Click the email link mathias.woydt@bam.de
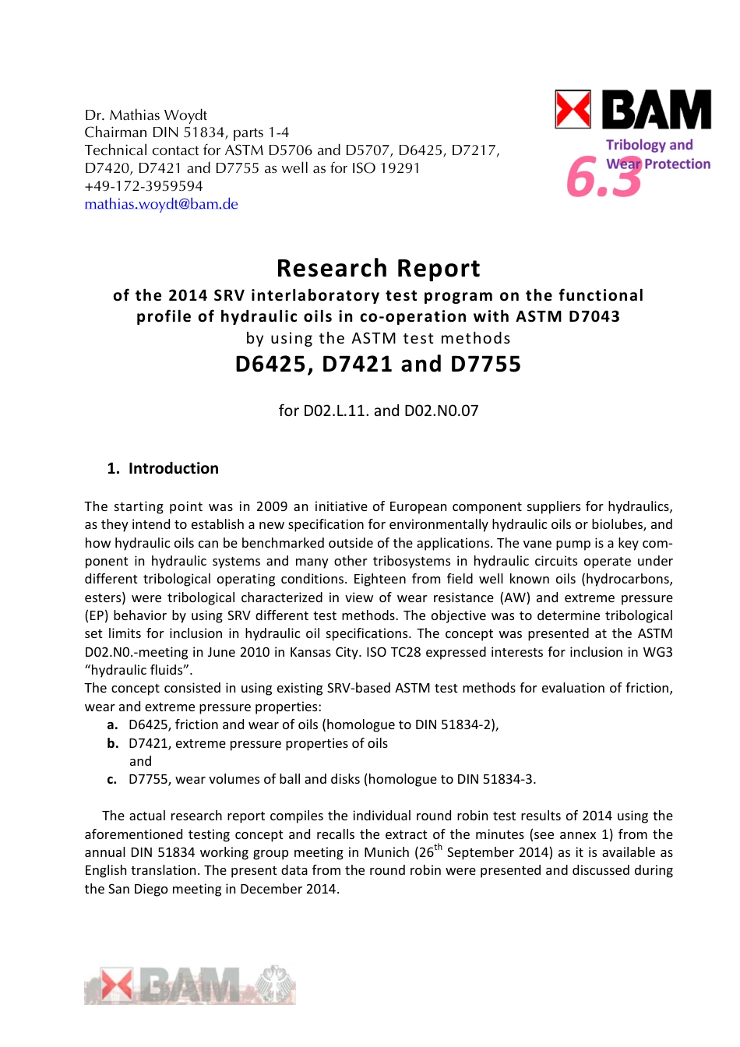tap(161, 204)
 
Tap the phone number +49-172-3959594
tap(143, 186)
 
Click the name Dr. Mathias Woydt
tap(146, 115)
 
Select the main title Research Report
tap(378, 268)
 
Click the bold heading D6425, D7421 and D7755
tap(378, 364)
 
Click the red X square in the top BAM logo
tap(573, 109)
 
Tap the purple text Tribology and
tap(649, 145)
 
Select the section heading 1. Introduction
tap(163, 468)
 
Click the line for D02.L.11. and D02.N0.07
tap(378, 411)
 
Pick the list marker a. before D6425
tap(113, 724)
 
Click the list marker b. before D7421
tap(113, 743)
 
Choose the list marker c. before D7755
tap(113, 779)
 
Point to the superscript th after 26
tap(439, 848)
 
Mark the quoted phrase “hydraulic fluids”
tap(139, 670)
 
